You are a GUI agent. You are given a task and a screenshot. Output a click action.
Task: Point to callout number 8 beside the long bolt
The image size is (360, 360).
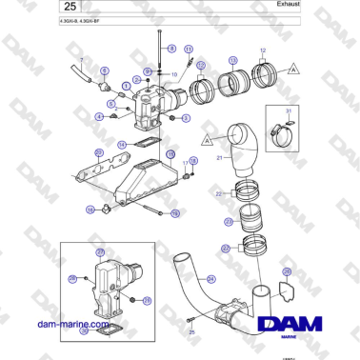[171, 48]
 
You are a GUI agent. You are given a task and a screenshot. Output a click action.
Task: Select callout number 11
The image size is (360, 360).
[188, 48]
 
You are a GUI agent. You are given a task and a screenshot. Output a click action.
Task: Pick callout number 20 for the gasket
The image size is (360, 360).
[99, 151]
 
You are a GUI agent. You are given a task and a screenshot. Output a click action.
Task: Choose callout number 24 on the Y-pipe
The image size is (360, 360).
[211, 279]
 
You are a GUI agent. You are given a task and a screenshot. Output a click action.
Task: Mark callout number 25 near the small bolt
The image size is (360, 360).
[191, 332]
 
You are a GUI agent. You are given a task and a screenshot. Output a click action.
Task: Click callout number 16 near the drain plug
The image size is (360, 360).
[91, 210]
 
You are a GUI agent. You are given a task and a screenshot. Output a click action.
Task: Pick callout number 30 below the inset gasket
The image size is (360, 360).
[84, 331]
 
